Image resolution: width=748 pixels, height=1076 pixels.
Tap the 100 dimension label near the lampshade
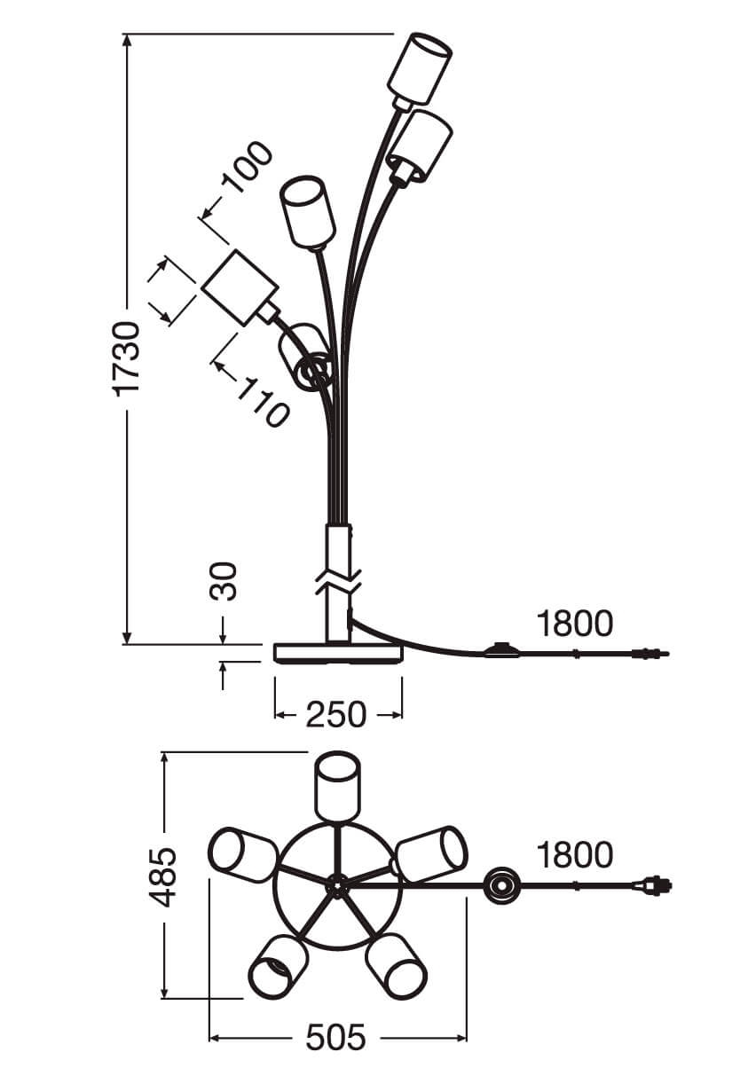247,167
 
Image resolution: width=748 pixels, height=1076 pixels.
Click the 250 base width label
335,714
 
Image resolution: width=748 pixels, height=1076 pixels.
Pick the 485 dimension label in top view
162,877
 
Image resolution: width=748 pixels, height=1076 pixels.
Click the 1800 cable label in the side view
574,624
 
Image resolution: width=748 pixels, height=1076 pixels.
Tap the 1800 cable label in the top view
574,855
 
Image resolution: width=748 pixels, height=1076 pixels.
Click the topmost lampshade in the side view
420,67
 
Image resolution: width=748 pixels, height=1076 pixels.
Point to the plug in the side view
649,655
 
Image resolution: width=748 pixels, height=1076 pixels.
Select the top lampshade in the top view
340,787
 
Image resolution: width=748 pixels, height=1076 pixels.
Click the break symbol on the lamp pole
336,583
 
